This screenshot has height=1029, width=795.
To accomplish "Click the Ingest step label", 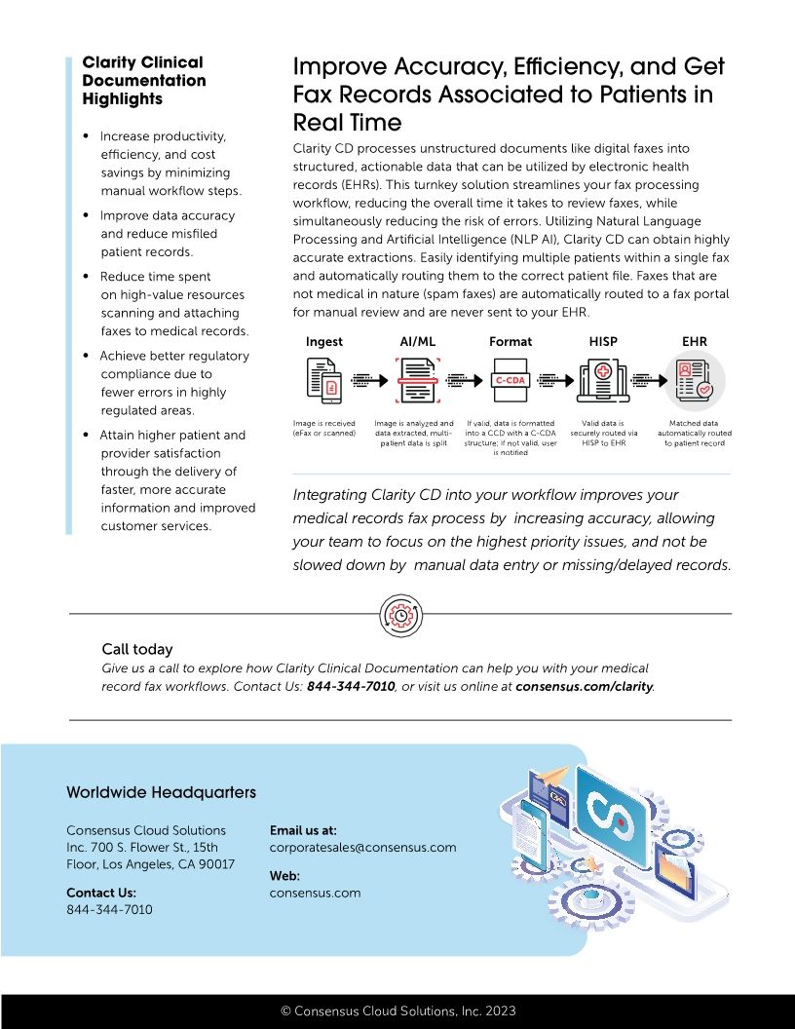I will click(323, 342).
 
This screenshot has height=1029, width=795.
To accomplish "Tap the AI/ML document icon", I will click(417, 380).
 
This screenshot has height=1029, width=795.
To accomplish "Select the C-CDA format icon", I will click(510, 380).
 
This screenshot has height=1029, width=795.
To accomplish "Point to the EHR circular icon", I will click(694, 380).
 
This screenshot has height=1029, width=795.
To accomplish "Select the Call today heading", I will click(137, 649).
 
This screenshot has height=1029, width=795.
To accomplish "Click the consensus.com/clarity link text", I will click(585, 686).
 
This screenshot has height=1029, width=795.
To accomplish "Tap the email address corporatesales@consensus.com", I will click(362, 848).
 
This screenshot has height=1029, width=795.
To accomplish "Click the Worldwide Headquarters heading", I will click(161, 792).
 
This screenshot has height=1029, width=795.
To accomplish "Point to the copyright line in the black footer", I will click(397, 1011).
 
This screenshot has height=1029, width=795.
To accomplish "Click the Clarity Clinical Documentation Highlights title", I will click(144, 81).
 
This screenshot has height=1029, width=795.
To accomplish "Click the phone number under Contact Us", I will click(109, 909).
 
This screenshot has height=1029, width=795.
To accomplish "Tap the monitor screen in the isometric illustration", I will click(612, 817).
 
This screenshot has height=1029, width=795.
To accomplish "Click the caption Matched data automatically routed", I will click(694, 433).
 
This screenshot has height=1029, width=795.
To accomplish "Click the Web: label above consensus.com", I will click(284, 876).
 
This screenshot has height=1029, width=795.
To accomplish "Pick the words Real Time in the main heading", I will click(347, 123).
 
